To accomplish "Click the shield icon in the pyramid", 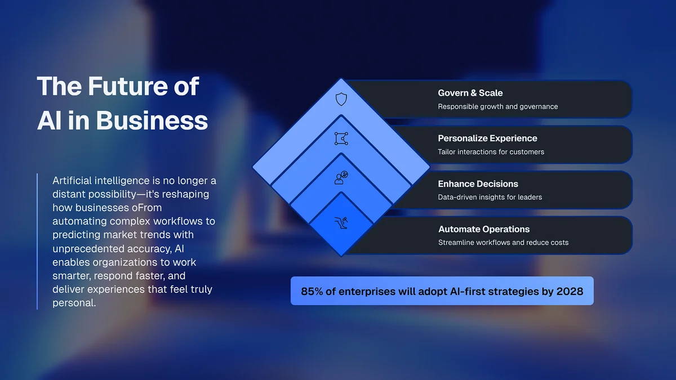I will pyautogui.click(x=341, y=100).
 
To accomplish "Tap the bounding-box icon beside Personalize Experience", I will pyautogui.click(x=341, y=138).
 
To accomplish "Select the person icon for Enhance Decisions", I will pyautogui.click(x=341, y=178).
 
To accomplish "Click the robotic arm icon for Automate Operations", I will pyautogui.click(x=341, y=222).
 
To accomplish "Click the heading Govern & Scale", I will pyautogui.click(x=470, y=93).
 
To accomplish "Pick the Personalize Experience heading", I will pyautogui.click(x=487, y=138).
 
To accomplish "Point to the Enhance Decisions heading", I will pyautogui.click(x=478, y=184).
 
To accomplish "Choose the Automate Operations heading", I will pyautogui.click(x=484, y=229).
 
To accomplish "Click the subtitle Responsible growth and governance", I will pyautogui.click(x=498, y=106).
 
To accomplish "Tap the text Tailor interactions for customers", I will pyautogui.click(x=491, y=151).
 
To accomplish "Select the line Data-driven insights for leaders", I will pyautogui.click(x=490, y=197).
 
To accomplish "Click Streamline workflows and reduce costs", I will pyautogui.click(x=503, y=243).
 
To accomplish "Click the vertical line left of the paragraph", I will pyautogui.click(x=37, y=242).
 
